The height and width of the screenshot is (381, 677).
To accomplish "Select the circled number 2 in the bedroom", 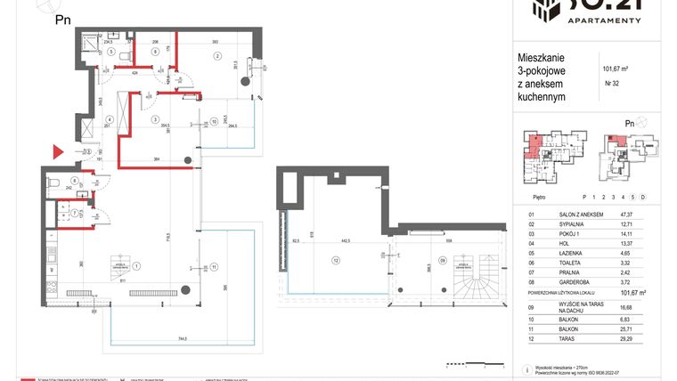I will (216, 56).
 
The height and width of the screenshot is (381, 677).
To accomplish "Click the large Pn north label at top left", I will (64, 19).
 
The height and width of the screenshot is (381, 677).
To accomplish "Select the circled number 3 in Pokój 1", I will (155, 119).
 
